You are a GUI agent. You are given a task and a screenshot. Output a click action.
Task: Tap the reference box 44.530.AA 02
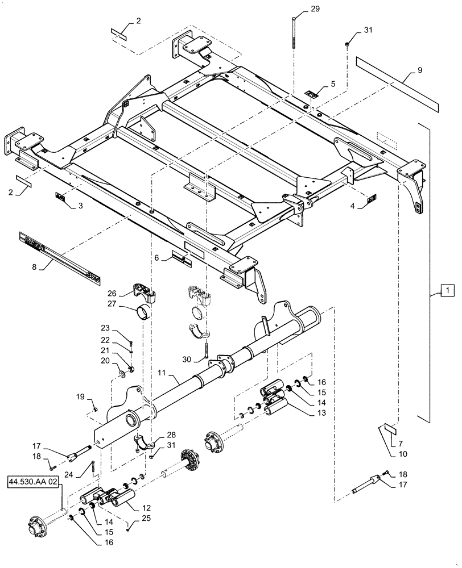33,482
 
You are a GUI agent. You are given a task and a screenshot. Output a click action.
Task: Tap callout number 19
80,396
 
